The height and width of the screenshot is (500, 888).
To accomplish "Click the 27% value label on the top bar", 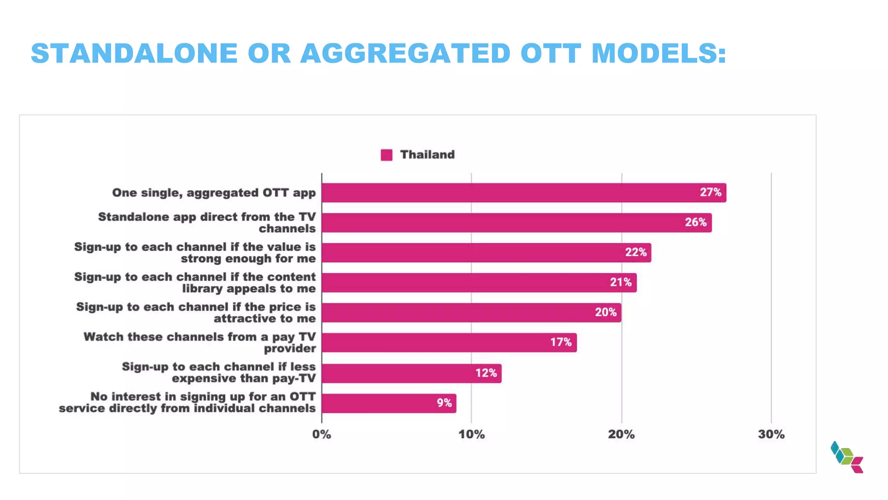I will pos(710,192).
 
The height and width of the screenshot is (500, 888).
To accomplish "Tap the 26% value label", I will pos(695,222).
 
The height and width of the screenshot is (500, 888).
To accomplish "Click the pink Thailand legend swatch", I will pos(386,155).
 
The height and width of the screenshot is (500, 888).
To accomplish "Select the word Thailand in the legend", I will pos(427,155).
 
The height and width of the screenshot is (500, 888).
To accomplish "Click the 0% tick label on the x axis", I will pos(321,434).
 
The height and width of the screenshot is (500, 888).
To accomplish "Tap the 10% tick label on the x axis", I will pos(471,434).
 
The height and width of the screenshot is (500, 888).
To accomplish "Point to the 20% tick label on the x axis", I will pos(621,434).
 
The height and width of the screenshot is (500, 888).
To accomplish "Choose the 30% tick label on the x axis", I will pos(771,434).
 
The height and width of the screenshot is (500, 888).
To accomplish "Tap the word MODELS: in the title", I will pos(659,53).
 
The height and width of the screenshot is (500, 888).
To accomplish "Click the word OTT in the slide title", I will pos(551,53).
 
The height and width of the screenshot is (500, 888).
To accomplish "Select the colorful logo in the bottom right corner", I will pos(847,457).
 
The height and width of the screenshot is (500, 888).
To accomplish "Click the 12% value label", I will pos(486,373).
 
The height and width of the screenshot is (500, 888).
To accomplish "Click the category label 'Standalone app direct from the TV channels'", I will pos(207,223).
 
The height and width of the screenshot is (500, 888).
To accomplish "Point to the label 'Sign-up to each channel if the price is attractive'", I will pos(196,312).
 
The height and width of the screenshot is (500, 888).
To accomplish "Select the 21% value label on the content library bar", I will pos(620,282).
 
